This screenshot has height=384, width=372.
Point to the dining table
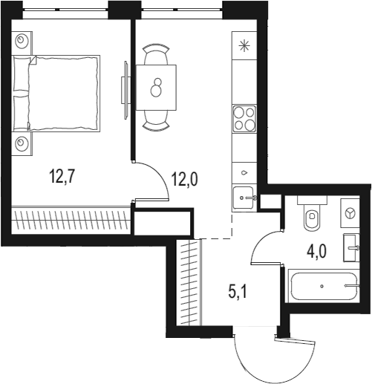(x=157, y=88)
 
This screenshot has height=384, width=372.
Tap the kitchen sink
(x=244, y=198)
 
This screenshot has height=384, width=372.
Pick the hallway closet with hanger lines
(x=189, y=282)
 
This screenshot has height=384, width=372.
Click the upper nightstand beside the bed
(x=23, y=41)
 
